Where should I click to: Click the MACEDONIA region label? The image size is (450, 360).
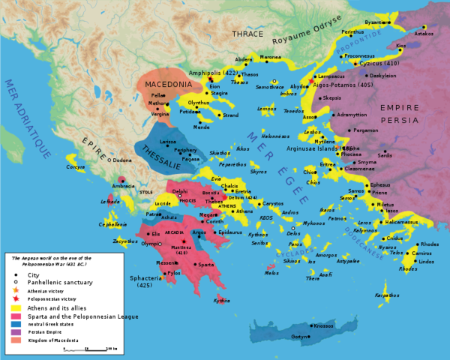click(x=169, y=84)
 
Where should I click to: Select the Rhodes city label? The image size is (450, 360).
click(x=430, y=244)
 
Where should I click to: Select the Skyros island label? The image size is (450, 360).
click(x=259, y=171)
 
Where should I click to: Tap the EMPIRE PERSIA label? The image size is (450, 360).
click(x=409, y=113)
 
